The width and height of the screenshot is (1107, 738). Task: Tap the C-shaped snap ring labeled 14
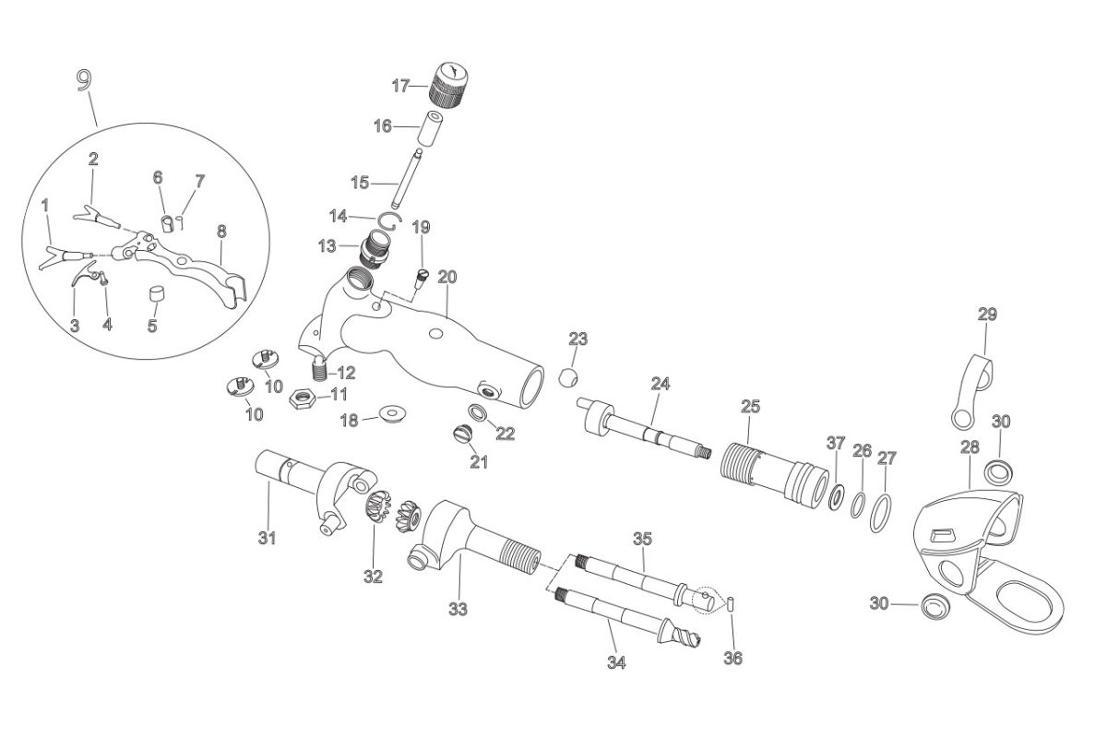(390, 218)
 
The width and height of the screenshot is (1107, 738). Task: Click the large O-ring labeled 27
(882, 508)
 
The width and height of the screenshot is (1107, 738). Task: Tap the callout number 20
(447, 277)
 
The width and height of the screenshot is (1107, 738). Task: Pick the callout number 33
(458, 609)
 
